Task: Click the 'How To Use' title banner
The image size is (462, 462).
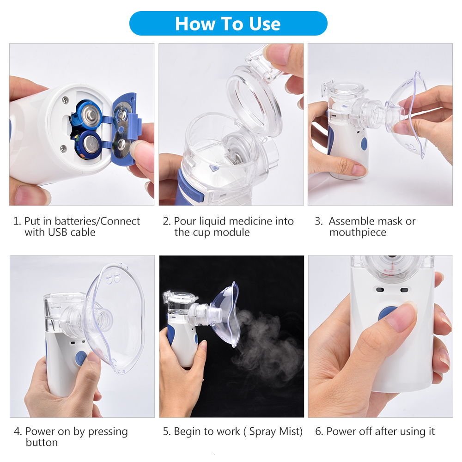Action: coord(228,24)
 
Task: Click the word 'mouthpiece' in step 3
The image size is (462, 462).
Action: coord(358,232)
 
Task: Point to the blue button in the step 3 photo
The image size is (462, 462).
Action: coord(364,143)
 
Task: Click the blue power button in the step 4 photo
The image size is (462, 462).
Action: coord(81,358)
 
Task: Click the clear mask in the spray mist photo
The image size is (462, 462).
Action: coord(226,314)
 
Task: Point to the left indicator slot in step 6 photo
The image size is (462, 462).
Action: coord(380,290)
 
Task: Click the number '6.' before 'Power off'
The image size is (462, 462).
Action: coord(319,432)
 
